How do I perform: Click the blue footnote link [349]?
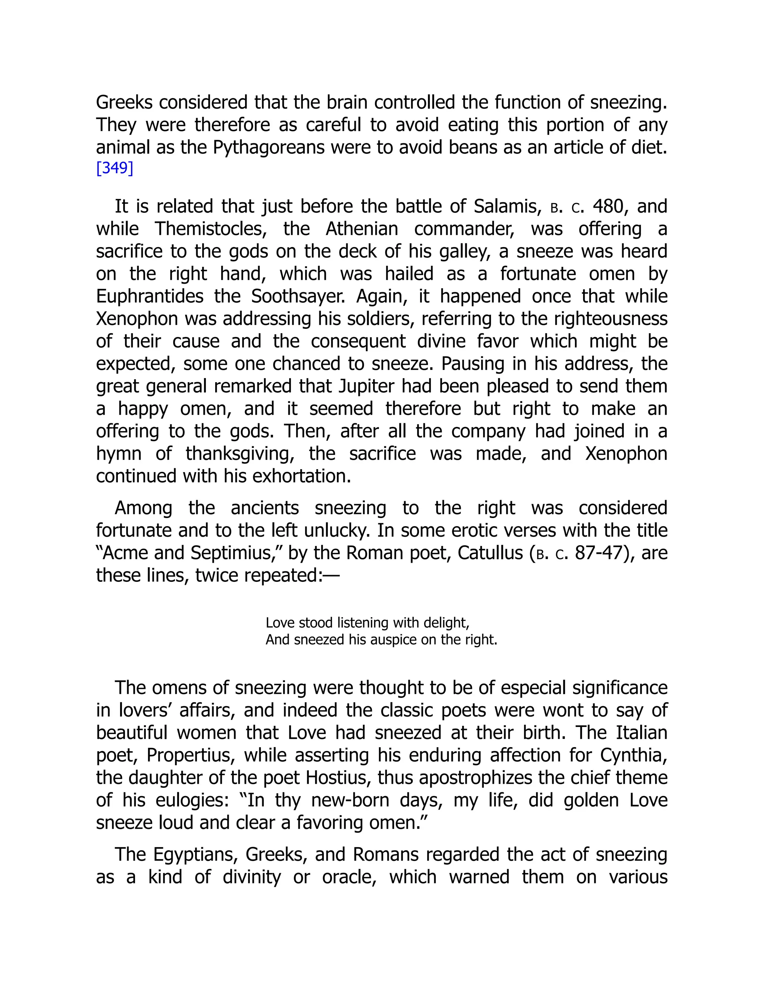pos(115,168)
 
